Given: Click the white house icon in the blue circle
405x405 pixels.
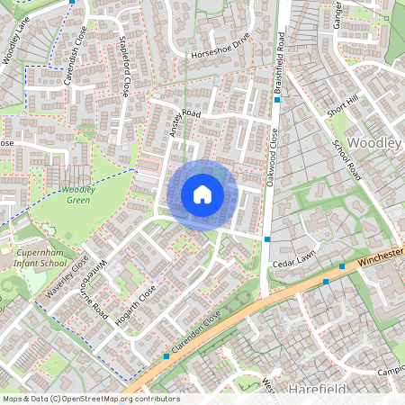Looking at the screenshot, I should tap(202, 193).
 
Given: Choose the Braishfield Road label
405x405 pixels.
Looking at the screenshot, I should tap(281, 65).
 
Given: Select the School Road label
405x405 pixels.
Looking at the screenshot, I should tap(346, 160).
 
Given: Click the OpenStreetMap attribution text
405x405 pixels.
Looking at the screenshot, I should tap(91, 399).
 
